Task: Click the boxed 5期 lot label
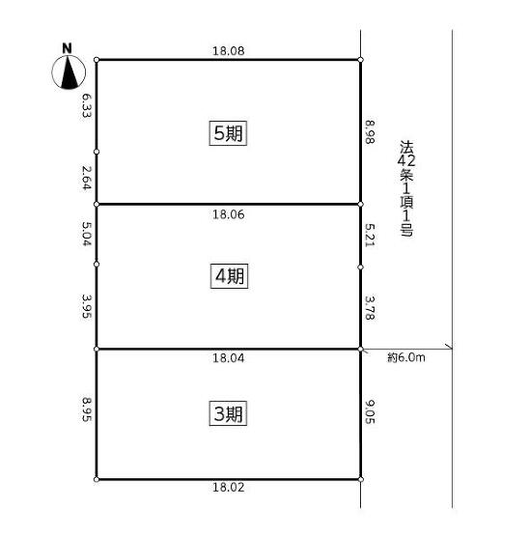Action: tap(228, 133)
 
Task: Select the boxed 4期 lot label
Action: tap(229, 276)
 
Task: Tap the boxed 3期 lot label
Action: tap(228, 413)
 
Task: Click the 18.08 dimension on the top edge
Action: tap(229, 51)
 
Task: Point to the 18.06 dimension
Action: tap(229, 214)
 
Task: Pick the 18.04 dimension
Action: tap(229, 358)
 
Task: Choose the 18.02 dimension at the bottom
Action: tap(229, 488)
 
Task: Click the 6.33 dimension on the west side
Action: tap(87, 106)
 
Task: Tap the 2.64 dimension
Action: tap(87, 178)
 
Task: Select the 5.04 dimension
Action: tap(87, 234)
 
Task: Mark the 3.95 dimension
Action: tap(87, 306)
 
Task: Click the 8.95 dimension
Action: tap(87, 408)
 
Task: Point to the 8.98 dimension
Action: tap(370, 132)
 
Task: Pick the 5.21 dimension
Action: tap(370, 235)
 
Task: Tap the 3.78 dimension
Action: tap(370, 308)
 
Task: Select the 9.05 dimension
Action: tap(370, 411)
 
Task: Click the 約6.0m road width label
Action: tap(406, 357)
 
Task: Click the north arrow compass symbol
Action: tap(69, 72)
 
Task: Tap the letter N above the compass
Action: tap(68, 48)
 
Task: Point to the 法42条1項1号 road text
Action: tap(406, 188)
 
